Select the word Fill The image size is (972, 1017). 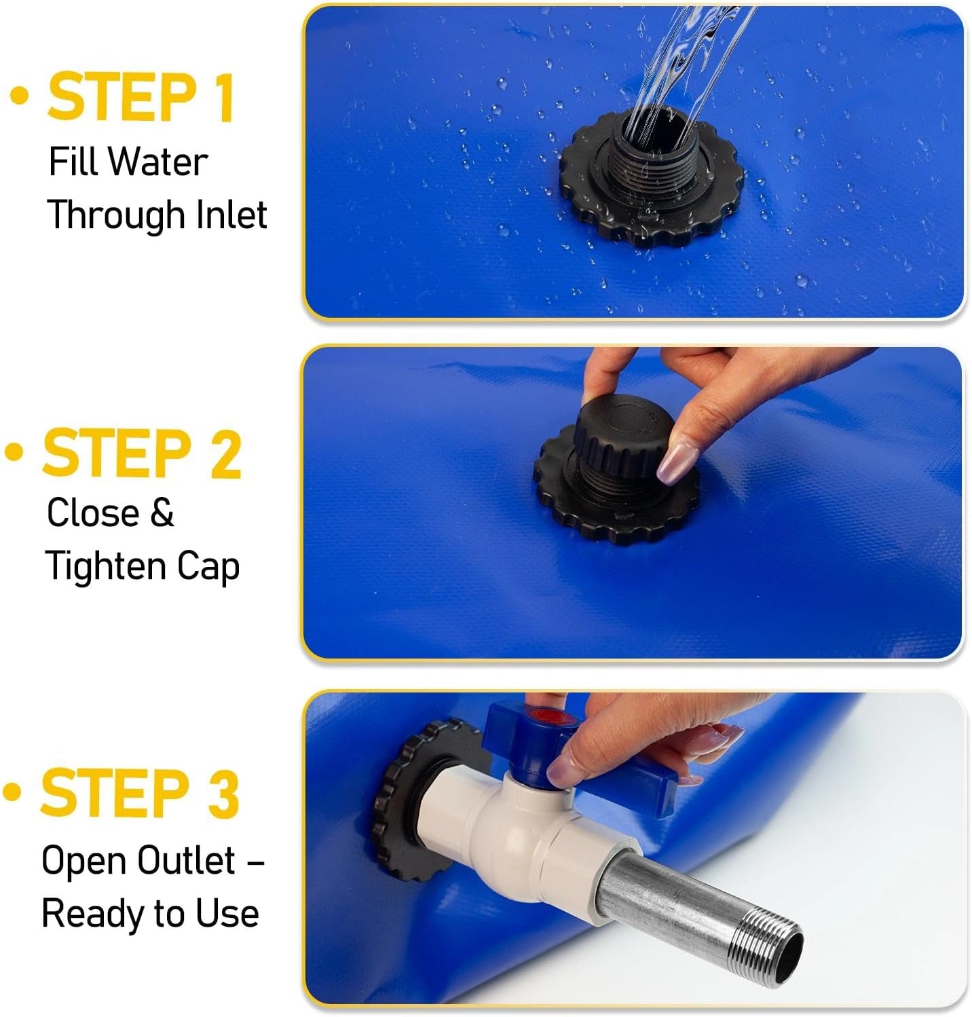(x=75, y=162)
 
